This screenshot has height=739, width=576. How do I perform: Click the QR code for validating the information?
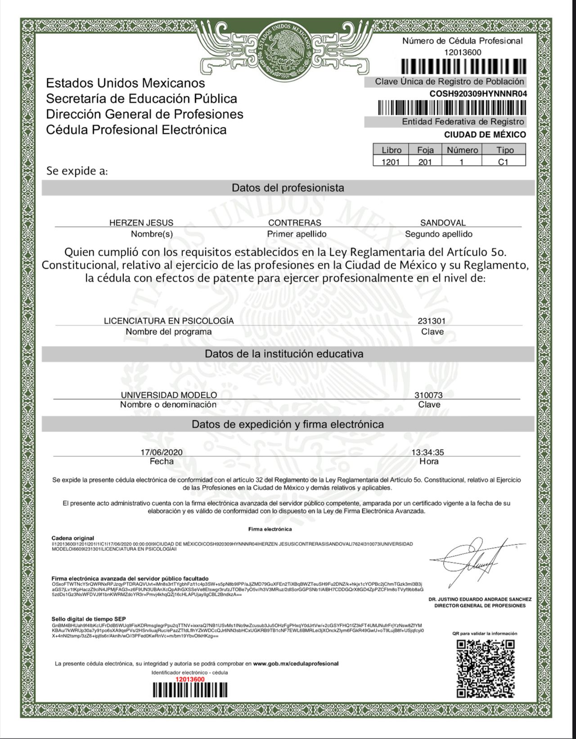pos(486,668)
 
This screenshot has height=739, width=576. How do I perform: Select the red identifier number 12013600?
pos(190,679)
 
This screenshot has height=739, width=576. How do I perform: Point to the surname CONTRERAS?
pos(295,222)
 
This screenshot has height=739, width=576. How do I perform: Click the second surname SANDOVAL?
pos(443,222)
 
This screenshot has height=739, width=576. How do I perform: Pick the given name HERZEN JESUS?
pos(141,222)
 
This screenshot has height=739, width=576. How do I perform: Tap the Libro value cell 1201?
pos(391,162)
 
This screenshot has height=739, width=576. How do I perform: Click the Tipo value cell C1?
pos(503,162)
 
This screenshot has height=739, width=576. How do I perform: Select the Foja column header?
pos(425,150)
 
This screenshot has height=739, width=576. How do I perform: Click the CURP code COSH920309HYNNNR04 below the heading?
pos(478,94)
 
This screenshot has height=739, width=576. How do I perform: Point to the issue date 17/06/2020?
pos(162,452)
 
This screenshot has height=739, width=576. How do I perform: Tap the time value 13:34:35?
pos(427,452)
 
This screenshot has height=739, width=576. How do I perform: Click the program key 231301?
pos(432,321)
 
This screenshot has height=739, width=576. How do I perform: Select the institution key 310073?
pos(428,395)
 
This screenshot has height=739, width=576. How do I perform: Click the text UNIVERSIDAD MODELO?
pos(169,395)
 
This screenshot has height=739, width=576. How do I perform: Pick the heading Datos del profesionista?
pos(288,188)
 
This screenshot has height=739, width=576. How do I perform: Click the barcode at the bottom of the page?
pos(190,690)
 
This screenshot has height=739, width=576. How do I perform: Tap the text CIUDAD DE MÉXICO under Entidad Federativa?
pos(485,135)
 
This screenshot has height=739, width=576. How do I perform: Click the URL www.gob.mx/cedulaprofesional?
pos(296,663)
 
